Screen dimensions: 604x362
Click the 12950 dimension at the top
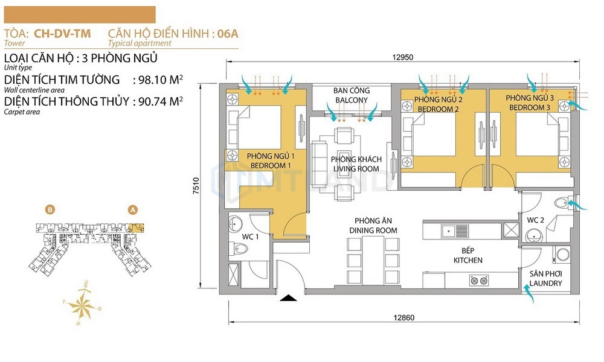click(x=402, y=57)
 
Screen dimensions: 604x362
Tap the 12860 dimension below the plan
click(x=403, y=318)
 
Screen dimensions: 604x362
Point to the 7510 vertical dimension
click(x=196, y=185)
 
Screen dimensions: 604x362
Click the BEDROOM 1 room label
click(x=268, y=166)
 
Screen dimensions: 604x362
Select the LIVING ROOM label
click(x=356, y=169)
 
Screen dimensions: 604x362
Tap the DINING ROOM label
click(x=373, y=230)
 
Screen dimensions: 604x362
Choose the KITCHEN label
click(x=468, y=261)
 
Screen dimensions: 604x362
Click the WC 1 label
click(x=251, y=237)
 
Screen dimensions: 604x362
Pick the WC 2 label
click(x=535, y=220)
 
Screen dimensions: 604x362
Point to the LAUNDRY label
click(x=545, y=284)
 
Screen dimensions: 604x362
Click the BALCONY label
click(x=352, y=100)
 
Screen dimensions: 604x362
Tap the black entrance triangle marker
click(x=288, y=298)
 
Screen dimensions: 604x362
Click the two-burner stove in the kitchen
click(x=479, y=281)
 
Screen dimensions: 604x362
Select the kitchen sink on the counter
click(x=455, y=231)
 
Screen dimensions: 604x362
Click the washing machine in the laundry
click(x=563, y=254)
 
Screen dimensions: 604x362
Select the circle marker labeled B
click(x=50, y=210)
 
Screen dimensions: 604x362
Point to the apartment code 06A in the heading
click(x=228, y=33)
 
